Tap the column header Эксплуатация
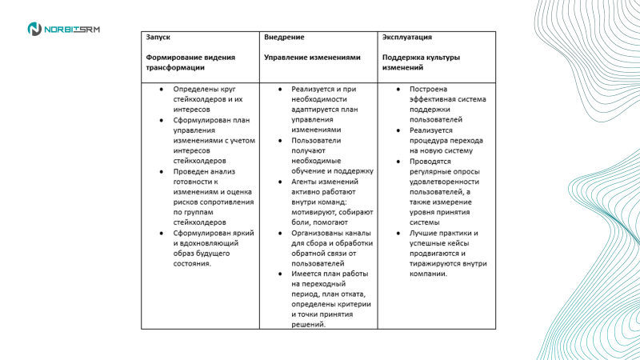pos(407,38)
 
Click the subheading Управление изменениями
pos(311,58)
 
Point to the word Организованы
pos(318,233)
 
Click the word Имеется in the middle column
pos(307,274)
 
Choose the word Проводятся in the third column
pos(432,161)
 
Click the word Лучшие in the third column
pos(423,233)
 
